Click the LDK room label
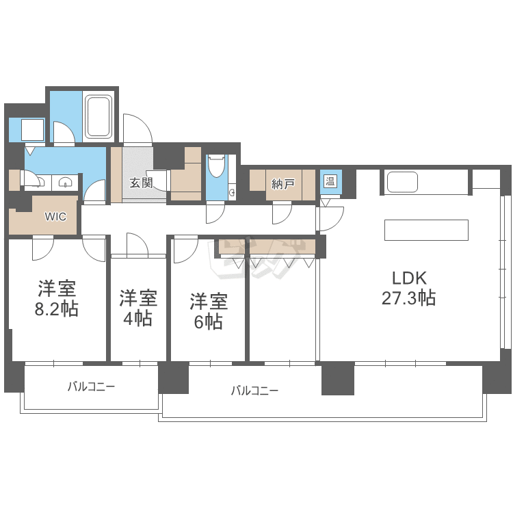click(409, 278)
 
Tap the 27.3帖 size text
click(409, 298)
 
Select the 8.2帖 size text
click(57, 308)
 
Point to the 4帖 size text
click(138, 318)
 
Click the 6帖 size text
click(209, 321)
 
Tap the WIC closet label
click(55, 217)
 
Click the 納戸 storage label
click(282, 183)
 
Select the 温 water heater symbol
click(330, 182)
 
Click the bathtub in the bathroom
click(99, 116)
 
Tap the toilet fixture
click(216, 166)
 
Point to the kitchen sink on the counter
click(402, 182)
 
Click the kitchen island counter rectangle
click(426, 230)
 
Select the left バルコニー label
click(91, 386)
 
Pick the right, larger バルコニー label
click(254, 391)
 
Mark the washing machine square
click(32, 130)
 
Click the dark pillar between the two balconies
click(173, 378)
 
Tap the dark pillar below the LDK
click(338, 378)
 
